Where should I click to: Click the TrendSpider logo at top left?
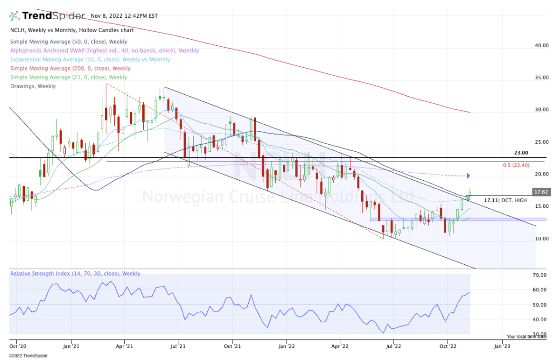coord(47,16)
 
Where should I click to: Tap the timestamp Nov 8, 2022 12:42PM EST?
coord(125,16)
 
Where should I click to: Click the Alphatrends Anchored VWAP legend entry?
coord(104,50)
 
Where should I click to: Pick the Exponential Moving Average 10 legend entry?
coord(90,59)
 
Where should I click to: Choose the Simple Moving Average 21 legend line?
coord(68,77)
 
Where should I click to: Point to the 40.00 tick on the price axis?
coord(541,46)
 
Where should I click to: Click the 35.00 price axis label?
coord(541,78)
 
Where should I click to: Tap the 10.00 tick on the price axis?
coord(541,239)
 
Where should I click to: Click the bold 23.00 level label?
coord(521,153)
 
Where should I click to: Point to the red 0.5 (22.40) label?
coord(517,165)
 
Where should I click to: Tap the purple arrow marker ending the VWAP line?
coord(469,176)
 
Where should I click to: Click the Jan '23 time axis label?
coord(501,346)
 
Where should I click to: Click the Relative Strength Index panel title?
coord(75,274)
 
